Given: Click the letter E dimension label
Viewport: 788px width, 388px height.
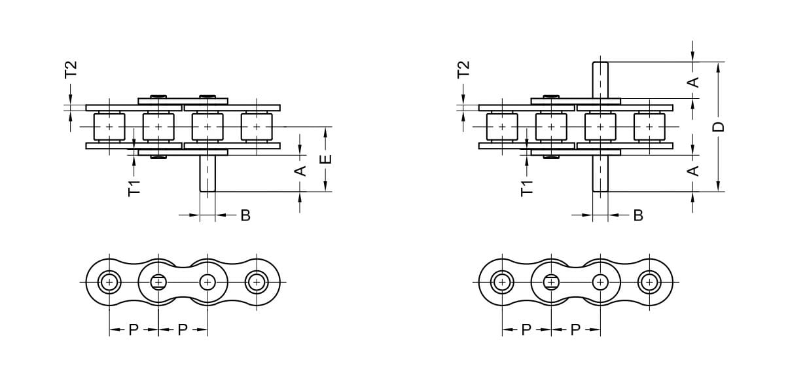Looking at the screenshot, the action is coord(327,159).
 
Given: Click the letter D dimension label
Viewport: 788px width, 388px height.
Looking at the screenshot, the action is coord(719,127).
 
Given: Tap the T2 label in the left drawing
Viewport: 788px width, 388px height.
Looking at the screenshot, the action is coord(71,69).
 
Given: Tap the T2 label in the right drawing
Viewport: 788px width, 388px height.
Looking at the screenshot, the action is coord(464,69).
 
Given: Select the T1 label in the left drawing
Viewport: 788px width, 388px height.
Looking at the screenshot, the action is coord(134,188).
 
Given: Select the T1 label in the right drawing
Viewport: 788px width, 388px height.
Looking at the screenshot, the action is coord(528,188).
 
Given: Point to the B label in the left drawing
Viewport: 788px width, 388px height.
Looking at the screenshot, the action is coord(245,215).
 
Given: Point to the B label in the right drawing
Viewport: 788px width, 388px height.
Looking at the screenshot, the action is coord(638,215).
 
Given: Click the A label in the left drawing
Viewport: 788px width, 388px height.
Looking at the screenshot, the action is coord(300,171).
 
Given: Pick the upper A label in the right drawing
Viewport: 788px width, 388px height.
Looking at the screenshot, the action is coord(693,82).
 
